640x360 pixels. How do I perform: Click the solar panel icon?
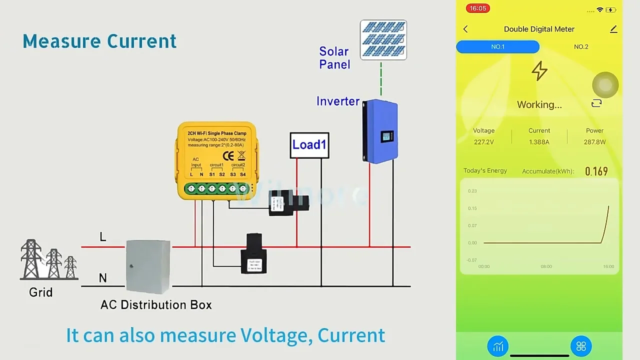383,40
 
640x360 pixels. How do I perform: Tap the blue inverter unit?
380,131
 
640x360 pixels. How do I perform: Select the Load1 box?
309,145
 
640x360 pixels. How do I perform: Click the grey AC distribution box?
148,266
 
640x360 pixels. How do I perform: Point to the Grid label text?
40,292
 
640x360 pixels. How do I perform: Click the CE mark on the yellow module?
228,155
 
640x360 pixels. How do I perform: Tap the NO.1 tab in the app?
497,46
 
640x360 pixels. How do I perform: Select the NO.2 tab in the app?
581,46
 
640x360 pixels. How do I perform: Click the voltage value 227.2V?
483,142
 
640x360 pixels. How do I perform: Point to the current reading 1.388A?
539,142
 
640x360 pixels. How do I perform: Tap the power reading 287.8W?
594,142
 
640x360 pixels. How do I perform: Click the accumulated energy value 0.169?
596,171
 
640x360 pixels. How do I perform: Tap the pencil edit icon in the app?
613,29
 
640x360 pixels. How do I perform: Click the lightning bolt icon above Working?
539,71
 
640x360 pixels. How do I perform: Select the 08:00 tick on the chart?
546,266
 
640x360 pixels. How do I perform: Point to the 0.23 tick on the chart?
472,191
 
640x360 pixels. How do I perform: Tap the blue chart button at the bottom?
498,346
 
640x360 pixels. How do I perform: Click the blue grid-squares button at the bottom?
581,346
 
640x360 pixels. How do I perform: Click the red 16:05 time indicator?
477,8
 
